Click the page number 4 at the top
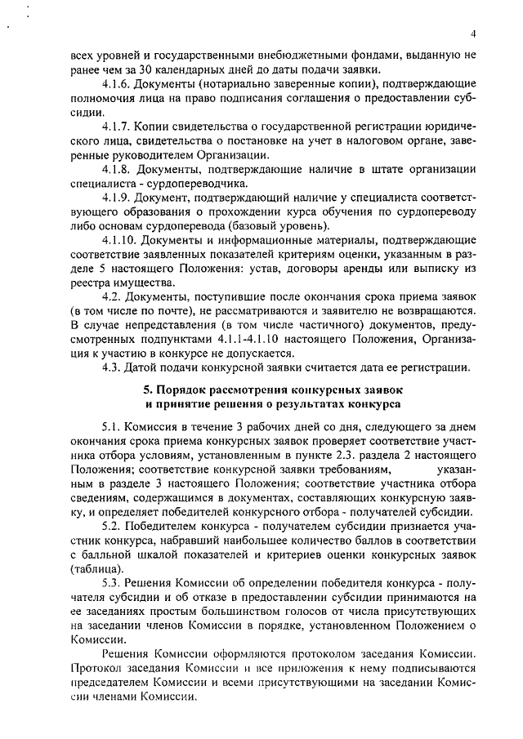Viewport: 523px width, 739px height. [473, 33]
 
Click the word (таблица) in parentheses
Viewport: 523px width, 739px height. [96, 569]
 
